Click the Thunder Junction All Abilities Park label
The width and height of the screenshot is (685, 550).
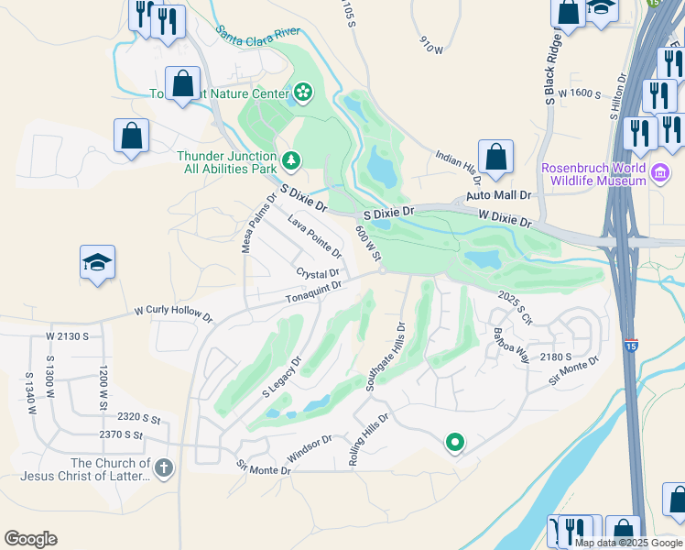click(226, 162)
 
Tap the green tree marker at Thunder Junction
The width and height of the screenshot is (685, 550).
click(291, 161)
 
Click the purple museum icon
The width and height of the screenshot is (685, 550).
click(659, 173)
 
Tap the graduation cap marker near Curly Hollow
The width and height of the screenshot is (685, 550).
click(97, 262)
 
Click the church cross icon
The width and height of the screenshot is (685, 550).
click(163, 469)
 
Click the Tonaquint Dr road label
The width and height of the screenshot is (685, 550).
click(313, 292)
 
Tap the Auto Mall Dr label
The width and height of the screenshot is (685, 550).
click(499, 196)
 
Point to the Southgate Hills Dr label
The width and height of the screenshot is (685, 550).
click(385, 356)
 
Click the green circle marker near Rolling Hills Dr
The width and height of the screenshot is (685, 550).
click(454, 444)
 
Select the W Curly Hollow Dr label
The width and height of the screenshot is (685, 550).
click(173, 313)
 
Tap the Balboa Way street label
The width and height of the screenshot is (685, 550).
click(511, 345)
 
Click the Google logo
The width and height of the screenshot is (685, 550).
click(30, 539)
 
